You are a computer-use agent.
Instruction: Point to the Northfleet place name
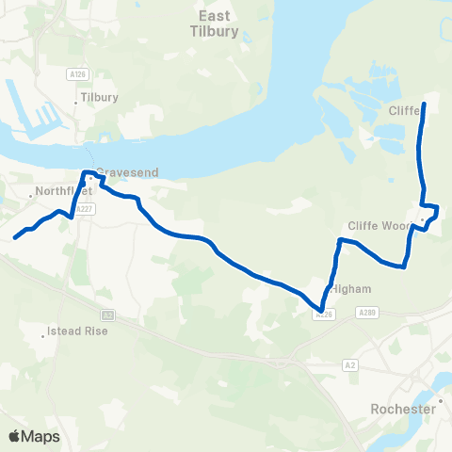59,192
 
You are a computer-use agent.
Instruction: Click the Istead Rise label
77,331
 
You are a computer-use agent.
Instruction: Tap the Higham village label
347,289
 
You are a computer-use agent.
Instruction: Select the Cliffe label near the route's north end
402,110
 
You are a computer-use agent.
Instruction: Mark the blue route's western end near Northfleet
15,237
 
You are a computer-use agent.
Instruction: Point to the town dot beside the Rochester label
439,401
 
